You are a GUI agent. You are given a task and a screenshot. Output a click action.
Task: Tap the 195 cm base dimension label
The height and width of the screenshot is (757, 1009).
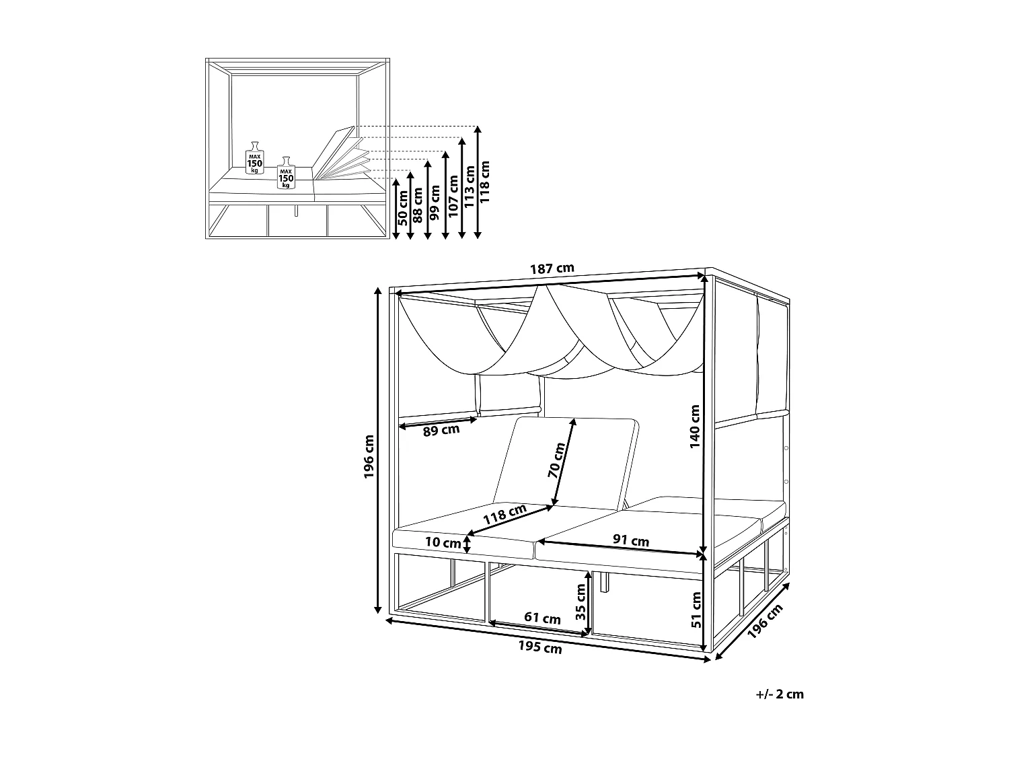point(540,647)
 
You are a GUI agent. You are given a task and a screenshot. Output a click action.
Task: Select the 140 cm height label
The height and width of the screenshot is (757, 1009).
point(695,427)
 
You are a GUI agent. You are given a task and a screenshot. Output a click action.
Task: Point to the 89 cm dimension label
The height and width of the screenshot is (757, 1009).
point(441,430)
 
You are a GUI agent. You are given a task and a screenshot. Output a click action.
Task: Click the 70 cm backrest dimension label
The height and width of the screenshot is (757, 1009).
point(557,460)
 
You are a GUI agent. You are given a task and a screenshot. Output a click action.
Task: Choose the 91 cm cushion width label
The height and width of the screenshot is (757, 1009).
point(631,540)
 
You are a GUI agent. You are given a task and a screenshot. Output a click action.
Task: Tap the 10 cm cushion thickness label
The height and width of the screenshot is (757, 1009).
point(443,542)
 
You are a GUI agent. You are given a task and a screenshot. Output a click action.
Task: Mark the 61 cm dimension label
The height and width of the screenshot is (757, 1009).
point(542,618)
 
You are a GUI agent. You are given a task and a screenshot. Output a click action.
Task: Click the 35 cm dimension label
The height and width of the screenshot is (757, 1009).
point(581,601)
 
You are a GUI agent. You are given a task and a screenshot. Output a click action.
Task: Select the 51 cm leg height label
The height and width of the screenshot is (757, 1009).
point(696,609)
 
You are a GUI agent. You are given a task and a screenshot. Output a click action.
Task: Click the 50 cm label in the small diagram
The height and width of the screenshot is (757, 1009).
point(402,208)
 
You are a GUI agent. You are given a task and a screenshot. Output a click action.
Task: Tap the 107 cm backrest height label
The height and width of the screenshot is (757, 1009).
point(453,196)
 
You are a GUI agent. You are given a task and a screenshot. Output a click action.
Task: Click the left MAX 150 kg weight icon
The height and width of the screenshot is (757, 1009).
point(255,157)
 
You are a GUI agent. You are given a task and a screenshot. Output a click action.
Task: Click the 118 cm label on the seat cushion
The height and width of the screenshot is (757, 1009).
point(504,515)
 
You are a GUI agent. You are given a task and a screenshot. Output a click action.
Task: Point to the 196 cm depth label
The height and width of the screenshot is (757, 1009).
point(765,621)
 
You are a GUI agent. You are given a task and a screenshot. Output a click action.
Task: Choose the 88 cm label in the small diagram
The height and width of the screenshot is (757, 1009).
point(418,205)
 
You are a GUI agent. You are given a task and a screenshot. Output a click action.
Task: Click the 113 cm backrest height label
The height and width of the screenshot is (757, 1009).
point(469,186)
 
